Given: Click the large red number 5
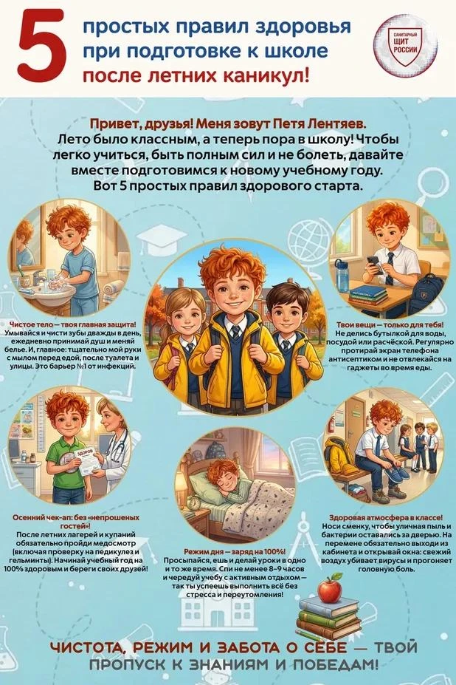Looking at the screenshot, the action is pos(42,46).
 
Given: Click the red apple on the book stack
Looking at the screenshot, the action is pos(330,588).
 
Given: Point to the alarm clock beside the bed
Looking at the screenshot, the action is pos(194,502).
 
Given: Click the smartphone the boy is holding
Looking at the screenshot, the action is pos(375,264).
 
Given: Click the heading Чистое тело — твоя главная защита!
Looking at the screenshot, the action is pos(72,324).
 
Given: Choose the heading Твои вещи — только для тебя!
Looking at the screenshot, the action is pos(390,325).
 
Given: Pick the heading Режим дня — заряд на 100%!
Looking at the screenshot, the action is pos(235,552).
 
